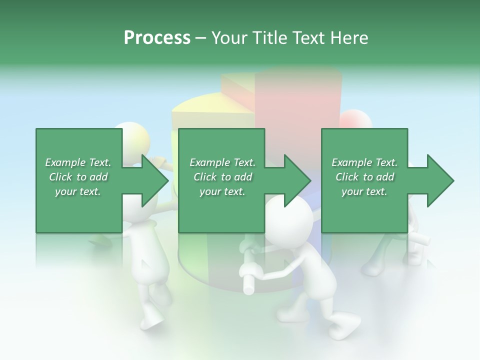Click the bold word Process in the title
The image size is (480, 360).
coord(157,37)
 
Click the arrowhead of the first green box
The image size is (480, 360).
coord(155,181)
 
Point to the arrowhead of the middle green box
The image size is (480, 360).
coord(298,181)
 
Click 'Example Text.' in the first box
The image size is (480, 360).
coord(78,162)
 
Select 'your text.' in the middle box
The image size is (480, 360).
coord(222,191)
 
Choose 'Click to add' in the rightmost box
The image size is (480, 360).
coord(365,177)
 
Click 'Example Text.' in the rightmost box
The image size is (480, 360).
coord(364,162)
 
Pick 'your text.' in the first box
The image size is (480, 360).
coord(78,191)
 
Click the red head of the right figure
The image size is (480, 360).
coord(355,120)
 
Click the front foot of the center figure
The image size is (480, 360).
coord(345,328)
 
